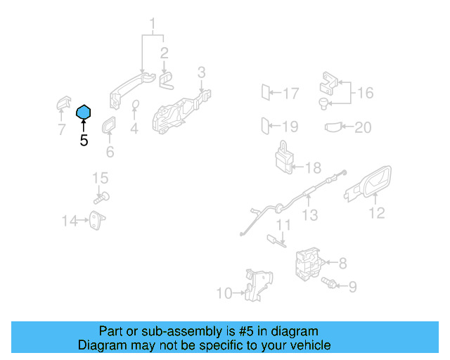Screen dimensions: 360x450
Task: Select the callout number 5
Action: [x=84, y=141]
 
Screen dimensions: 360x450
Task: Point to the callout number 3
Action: [x=201, y=72]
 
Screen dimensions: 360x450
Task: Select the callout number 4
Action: [x=134, y=129]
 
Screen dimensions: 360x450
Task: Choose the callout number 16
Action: [x=365, y=93]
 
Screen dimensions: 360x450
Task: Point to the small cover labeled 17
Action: [x=266, y=92]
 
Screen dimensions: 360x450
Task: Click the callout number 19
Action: [x=290, y=127]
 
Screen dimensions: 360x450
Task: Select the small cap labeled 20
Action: [x=335, y=127]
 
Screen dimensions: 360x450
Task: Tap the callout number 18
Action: [x=313, y=167]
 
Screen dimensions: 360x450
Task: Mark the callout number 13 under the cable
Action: [x=310, y=216]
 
